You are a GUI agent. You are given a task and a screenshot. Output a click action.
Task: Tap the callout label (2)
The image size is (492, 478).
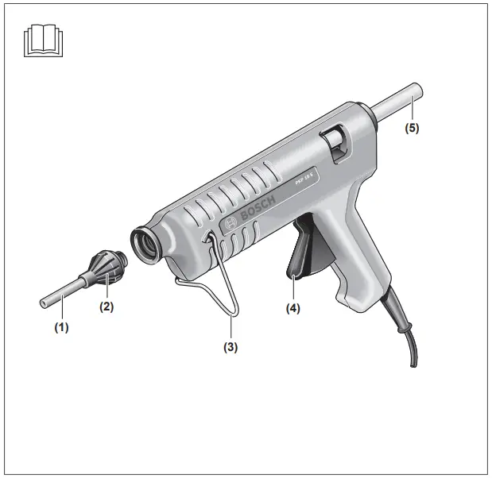106,306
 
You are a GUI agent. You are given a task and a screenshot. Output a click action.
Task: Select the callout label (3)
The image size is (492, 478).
231,346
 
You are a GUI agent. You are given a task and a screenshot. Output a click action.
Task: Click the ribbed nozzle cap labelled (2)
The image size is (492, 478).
109,268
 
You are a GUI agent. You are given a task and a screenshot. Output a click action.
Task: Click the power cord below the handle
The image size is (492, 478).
410,341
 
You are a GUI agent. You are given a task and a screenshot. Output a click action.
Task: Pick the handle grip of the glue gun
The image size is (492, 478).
350,262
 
